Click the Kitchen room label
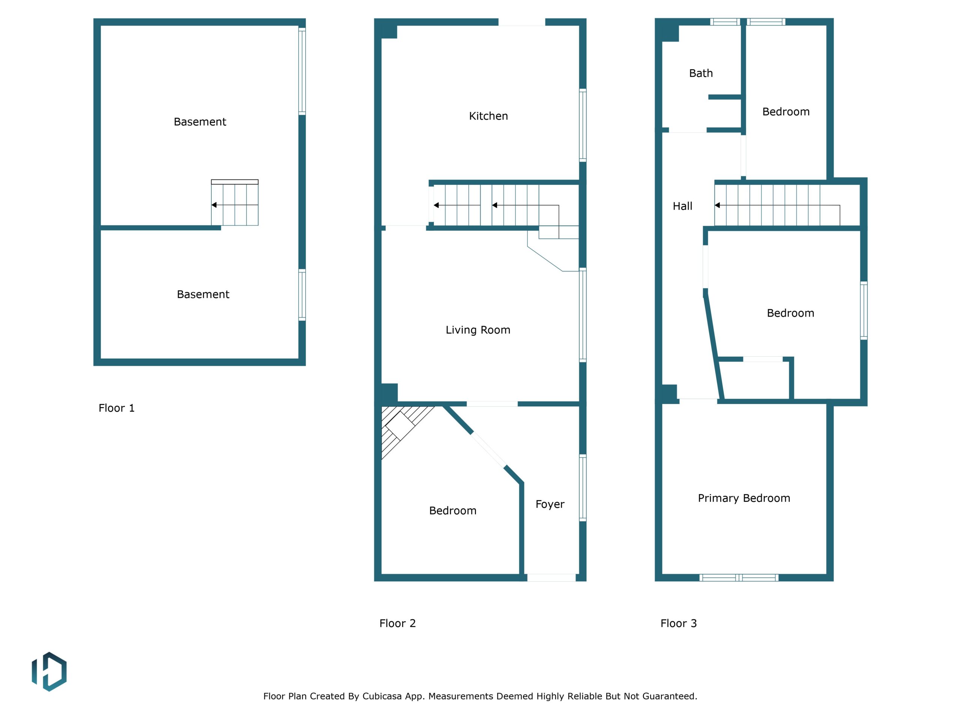tap(488, 116)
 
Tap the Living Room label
tap(478, 330)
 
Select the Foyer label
tap(550, 504)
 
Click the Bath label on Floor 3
tap(701, 73)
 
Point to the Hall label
tap(682, 206)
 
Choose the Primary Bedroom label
tap(744, 498)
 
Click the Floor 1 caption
tap(116, 408)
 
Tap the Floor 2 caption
tap(398, 623)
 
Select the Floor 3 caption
tap(679, 623)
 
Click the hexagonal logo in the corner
tap(49, 671)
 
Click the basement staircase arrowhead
tap(214, 205)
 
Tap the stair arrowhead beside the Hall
tap(717, 205)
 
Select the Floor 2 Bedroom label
tap(453, 511)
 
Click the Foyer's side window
tap(583, 488)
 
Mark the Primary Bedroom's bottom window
tap(738, 578)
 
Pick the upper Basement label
tap(200, 122)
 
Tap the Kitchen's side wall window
tap(583, 125)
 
